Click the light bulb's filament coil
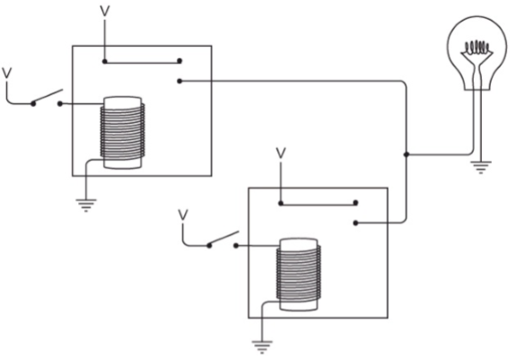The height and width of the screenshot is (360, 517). [x=476, y=48]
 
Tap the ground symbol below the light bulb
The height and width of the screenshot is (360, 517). [x=481, y=167]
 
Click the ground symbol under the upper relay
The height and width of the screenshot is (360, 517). [x=86, y=205]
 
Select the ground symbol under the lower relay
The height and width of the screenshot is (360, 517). [x=262, y=347]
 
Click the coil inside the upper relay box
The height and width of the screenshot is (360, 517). [x=123, y=133]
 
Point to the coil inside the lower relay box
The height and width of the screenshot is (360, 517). [x=298, y=275]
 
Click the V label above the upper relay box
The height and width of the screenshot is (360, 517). [x=104, y=11]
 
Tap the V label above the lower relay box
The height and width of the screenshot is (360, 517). [x=281, y=153]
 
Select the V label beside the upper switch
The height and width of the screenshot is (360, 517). [x=7, y=74]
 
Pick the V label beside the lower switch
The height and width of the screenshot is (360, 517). [x=183, y=215]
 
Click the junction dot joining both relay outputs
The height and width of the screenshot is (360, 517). [x=407, y=154]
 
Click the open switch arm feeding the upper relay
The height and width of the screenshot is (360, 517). [x=48, y=96]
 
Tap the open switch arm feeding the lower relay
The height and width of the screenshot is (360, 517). [x=223, y=238]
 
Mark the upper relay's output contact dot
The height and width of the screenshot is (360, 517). [x=180, y=81]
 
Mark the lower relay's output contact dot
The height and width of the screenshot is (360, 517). [x=355, y=224]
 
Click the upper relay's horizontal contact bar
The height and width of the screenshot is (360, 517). [x=142, y=61]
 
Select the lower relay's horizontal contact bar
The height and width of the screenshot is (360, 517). [x=318, y=204]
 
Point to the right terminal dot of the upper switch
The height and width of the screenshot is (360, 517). [x=60, y=104]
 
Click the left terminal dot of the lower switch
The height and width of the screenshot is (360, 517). [x=209, y=246]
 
